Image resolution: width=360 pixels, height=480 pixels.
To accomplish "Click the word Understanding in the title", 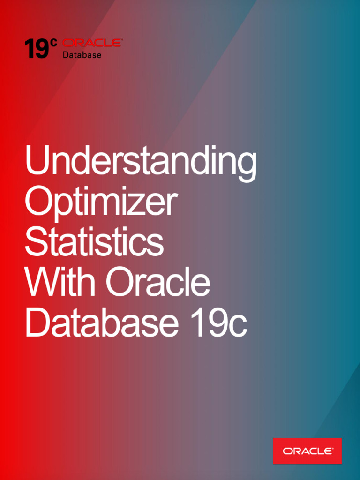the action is (x=141, y=163).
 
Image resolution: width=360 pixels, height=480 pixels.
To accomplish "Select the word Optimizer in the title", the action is (x=101, y=202).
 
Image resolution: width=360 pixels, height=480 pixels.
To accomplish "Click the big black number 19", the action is (x=37, y=48).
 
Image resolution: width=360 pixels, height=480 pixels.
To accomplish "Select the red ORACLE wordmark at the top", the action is (x=92, y=43).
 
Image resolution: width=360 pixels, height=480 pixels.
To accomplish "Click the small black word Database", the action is (x=82, y=55).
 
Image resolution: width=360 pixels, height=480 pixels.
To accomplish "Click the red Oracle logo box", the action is (x=307, y=450).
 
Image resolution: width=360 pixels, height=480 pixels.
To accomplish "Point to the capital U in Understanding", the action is (x=37, y=159).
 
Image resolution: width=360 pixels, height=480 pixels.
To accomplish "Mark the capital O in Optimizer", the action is (x=39, y=200).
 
